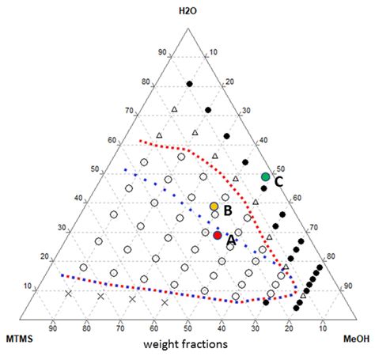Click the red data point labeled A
pyautogui.click(x=218, y=235)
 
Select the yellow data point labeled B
pyautogui.click(x=214, y=207)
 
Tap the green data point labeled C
pyautogui.click(x=265, y=176)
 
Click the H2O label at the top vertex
pyautogui.click(x=187, y=10)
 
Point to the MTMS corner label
pyautogui.click(x=19, y=339)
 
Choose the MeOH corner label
pyautogui.click(x=356, y=339)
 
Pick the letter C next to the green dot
pyautogui.click(x=278, y=181)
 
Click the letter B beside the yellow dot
pyautogui.click(x=226, y=211)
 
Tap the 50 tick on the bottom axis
pyautogui.click(x=187, y=326)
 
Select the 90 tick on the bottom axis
pyautogui.click(x=52, y=326)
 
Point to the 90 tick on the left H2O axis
pyautogui.click(x=163, y=53)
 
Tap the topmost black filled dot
pyautogui.click(x=189, y=83)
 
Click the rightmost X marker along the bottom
pyautogui.click(x=165, y=302)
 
